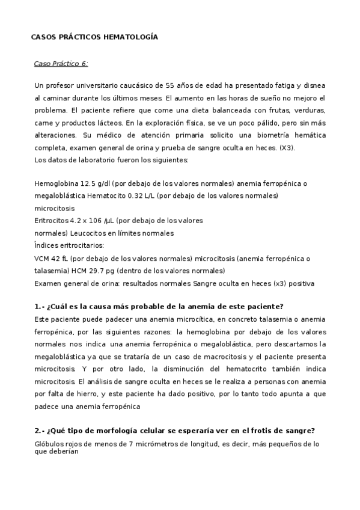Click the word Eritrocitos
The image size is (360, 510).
[x=52, y=221]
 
